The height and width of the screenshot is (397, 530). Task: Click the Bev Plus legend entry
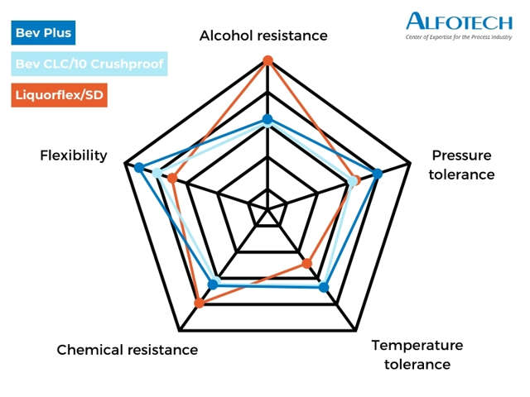(x=43, y=34)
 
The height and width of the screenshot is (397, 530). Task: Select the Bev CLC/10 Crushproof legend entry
(x=89, y=65)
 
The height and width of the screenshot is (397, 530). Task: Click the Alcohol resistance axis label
(x=263, y=36)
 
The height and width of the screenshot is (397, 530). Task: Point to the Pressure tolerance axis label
(x=461, y=165)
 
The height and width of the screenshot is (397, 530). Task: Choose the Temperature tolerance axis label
(x=417, y=354)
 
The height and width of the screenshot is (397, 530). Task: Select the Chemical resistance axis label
(x=127, y=350)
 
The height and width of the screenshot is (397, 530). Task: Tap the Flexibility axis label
(x=74, y=155)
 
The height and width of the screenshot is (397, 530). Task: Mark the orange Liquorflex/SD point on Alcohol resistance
(x=267, y=60)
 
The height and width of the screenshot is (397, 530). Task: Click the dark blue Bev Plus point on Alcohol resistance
(x=267, y=119)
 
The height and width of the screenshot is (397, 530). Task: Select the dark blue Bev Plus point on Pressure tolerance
(x=378, y=174)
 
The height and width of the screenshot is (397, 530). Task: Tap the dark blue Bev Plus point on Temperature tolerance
(x=324, y=287)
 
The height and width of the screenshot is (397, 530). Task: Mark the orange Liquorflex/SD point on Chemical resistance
(x=199, y=304)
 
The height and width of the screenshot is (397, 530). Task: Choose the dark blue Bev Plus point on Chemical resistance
(x=213, y=284)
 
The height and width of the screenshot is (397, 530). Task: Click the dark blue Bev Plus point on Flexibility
(x=139, y=168)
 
